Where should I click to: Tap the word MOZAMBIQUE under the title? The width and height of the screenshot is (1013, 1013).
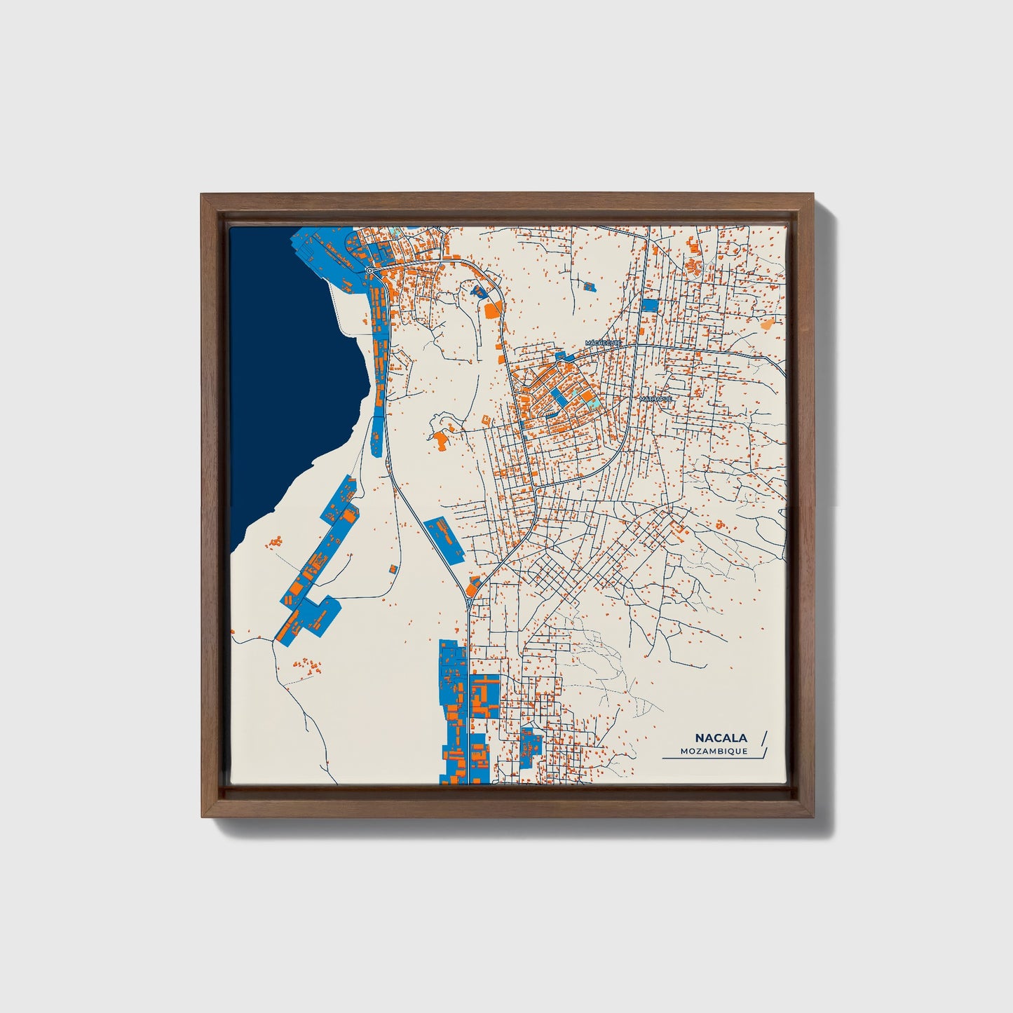pyautogui.click(x=714, y=752)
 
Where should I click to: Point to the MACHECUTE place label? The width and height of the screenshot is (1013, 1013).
pyautogui.click(x=604, y=343)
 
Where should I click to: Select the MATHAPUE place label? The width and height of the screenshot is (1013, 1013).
pyautogui.click(x=655, y=399)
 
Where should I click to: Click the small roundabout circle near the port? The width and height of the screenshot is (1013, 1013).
pyautogui.click(x=369, y=270)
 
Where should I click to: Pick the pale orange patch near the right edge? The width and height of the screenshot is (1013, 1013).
pyautogui.click(x=768, y=324)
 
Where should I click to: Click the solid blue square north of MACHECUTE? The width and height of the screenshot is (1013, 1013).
pyautogui.click(x=650, y=305)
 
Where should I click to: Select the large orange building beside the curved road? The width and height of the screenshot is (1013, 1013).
pyautogui.click(x=493, y=308)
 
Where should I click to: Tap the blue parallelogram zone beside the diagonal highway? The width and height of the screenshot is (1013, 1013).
pyautogui.click(x=444, y=538)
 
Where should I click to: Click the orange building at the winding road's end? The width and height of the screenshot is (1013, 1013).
pyautogui.click(x=441, y=440)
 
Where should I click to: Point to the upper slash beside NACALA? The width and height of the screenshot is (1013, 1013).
pyautogui.click(x=763, y=737)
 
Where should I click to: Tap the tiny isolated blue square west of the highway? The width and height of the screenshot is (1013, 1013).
pyautogui.click(x=393, y=566)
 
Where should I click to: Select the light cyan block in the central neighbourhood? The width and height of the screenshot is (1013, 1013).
pyautogui.click(x=592, y=404)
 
